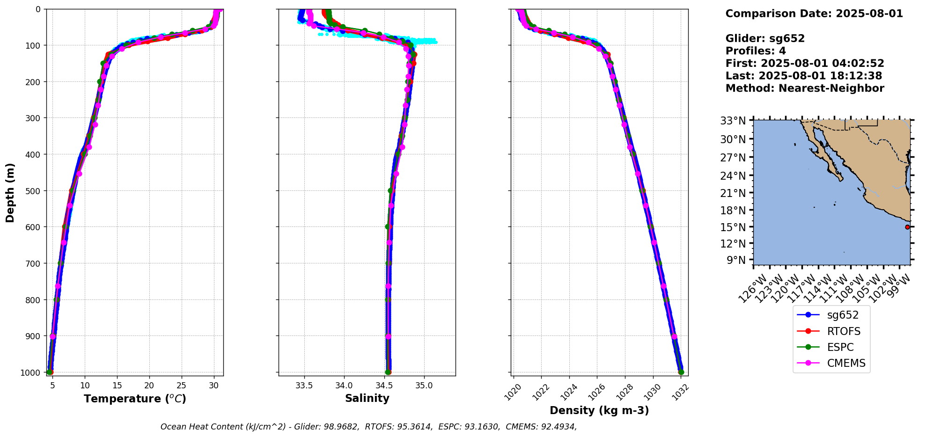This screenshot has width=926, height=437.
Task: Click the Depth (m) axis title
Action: (10, 192)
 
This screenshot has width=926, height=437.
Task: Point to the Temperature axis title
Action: (135, 399)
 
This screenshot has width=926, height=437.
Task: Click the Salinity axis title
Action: (367, 398)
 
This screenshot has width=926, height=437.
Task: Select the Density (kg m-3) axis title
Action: (599, 410)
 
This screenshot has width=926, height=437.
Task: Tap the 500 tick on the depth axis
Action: (34, 191)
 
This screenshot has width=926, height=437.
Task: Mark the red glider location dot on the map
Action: (907, 227)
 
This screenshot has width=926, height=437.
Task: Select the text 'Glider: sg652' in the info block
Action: (765, 38)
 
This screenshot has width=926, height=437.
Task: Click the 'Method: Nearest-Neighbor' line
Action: (805, 88)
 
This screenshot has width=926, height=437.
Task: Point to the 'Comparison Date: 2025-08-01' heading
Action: (814, 14)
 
